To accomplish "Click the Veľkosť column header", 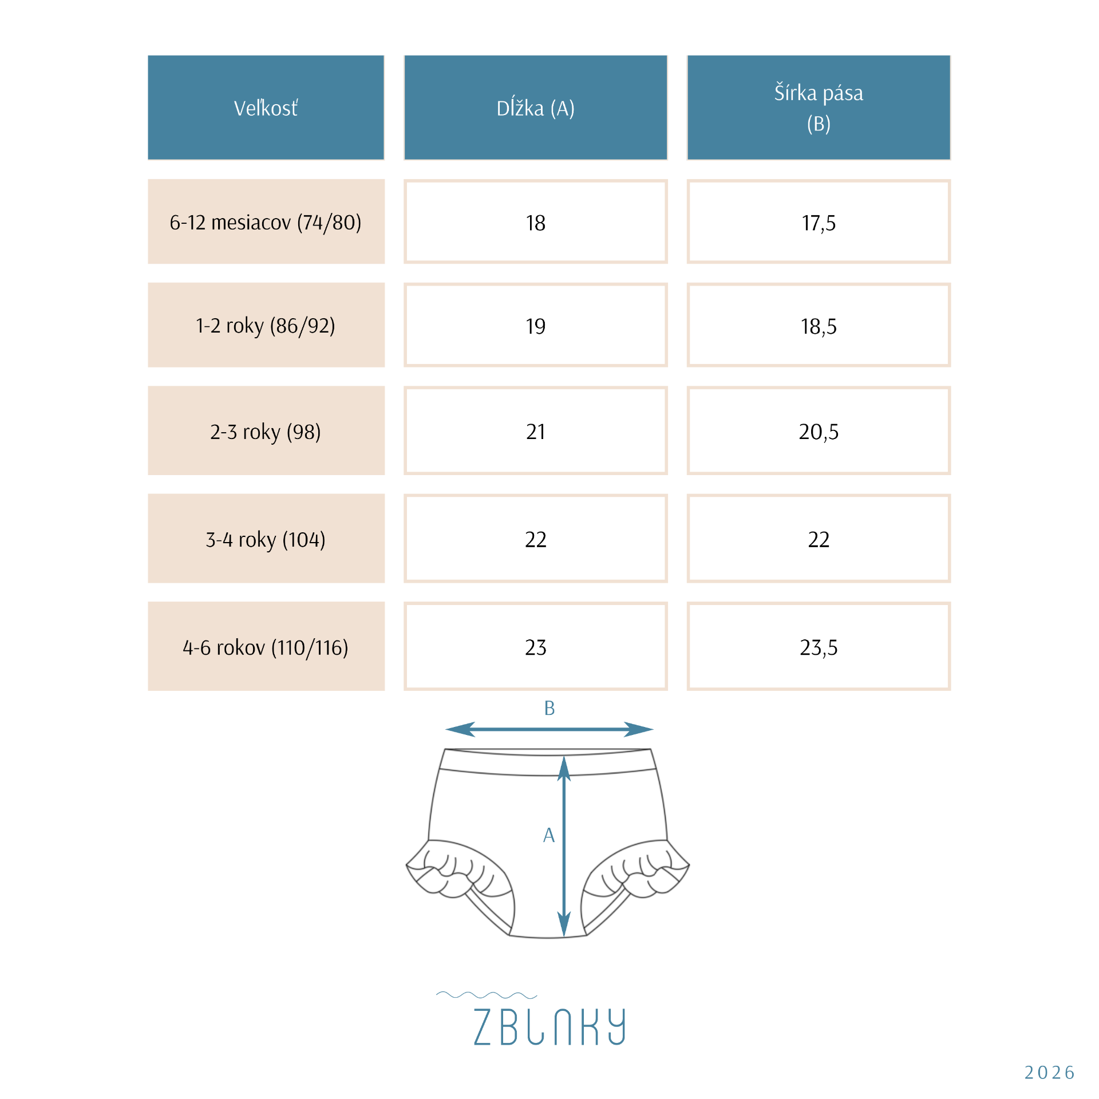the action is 266,108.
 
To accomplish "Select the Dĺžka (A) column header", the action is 535,108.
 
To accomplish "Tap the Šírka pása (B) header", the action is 819,108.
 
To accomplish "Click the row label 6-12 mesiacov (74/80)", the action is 266,222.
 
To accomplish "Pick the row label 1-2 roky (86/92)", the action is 266,326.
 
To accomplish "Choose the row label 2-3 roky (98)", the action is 266,432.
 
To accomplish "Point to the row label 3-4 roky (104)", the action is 266,539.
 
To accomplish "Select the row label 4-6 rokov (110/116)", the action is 266,647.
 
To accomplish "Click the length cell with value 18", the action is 535,222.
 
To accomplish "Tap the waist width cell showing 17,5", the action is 819,222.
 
